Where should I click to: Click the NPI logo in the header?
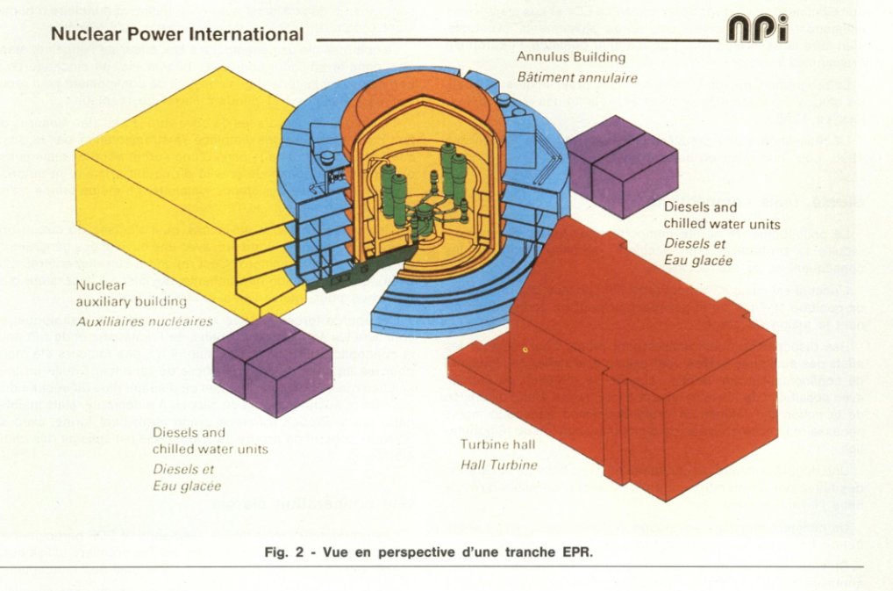[757, 29]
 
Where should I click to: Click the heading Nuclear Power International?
[177, 35]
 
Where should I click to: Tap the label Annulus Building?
[571, 57]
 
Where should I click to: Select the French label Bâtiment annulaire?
[576, 77]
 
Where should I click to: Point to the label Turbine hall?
[498, 445]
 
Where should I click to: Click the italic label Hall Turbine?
[498, 465]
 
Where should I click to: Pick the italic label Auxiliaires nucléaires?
[145, 321]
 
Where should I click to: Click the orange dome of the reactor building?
[421, 105]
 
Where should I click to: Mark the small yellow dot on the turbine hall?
[525, 350]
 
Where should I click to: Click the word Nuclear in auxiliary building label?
[102, 285]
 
